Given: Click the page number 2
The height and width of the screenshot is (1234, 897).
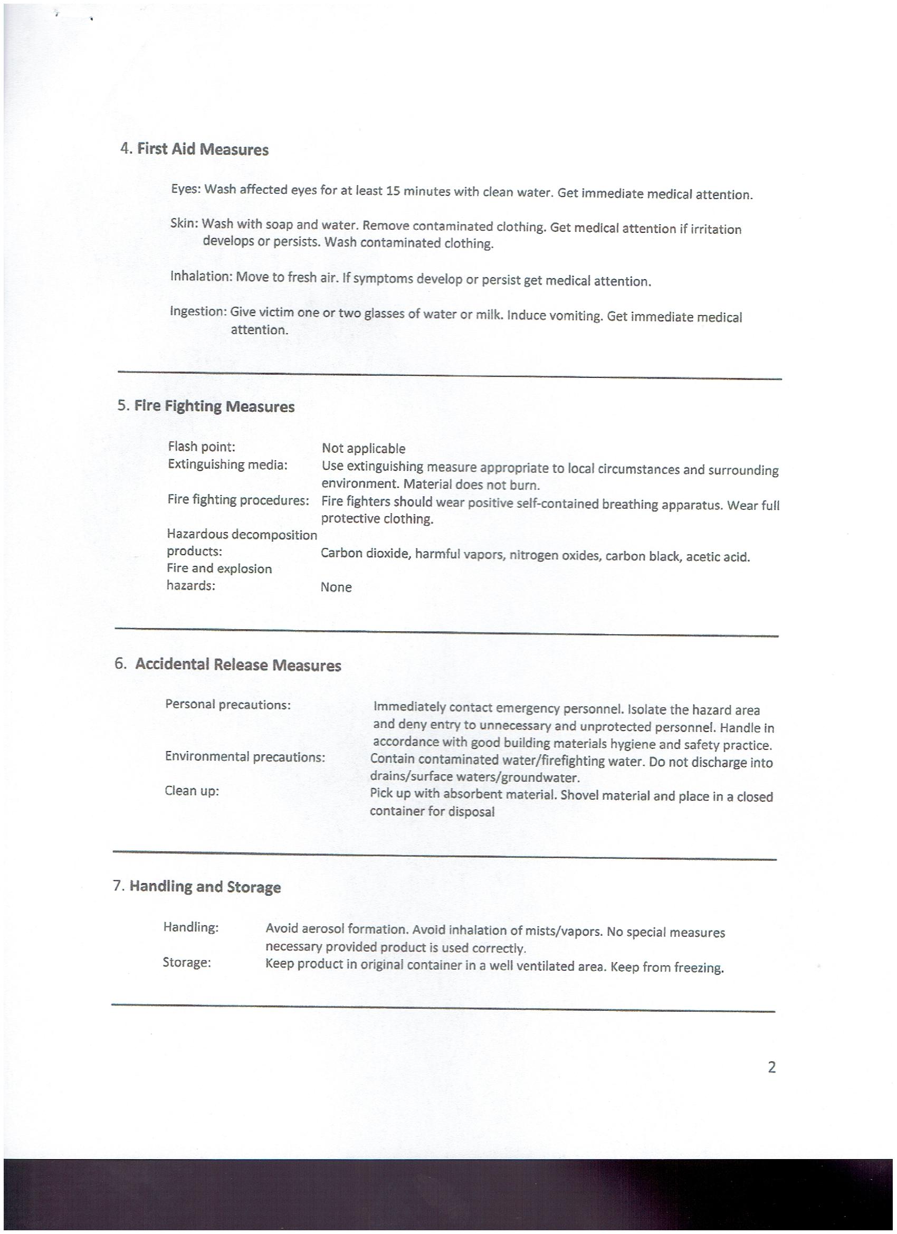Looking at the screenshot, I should click(x=771, y=1068).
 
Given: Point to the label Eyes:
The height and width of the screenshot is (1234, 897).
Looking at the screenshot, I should click(x=186, y=189).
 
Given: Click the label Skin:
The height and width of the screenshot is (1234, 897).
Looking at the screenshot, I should click(x=184, y=223).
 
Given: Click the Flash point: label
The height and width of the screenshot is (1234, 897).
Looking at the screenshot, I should click(x=201, y=447).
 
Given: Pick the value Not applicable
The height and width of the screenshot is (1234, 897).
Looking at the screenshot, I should click(x=364, y=449).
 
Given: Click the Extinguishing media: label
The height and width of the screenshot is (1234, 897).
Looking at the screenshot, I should click(x=227, y=464).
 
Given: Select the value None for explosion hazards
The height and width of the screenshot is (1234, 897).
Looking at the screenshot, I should click(x=336, y=587).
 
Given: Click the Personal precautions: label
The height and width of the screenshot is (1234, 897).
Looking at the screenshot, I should click(x=228, y=705).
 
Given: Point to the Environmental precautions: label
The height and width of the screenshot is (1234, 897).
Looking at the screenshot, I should click(x=245, y=757).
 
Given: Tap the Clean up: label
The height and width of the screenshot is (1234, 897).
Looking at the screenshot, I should click(x=192, y=791).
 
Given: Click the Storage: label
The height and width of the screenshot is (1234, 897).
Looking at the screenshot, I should click(x=187, y=963).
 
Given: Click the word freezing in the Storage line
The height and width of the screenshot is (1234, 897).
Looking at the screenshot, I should click(x=698, y=968).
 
